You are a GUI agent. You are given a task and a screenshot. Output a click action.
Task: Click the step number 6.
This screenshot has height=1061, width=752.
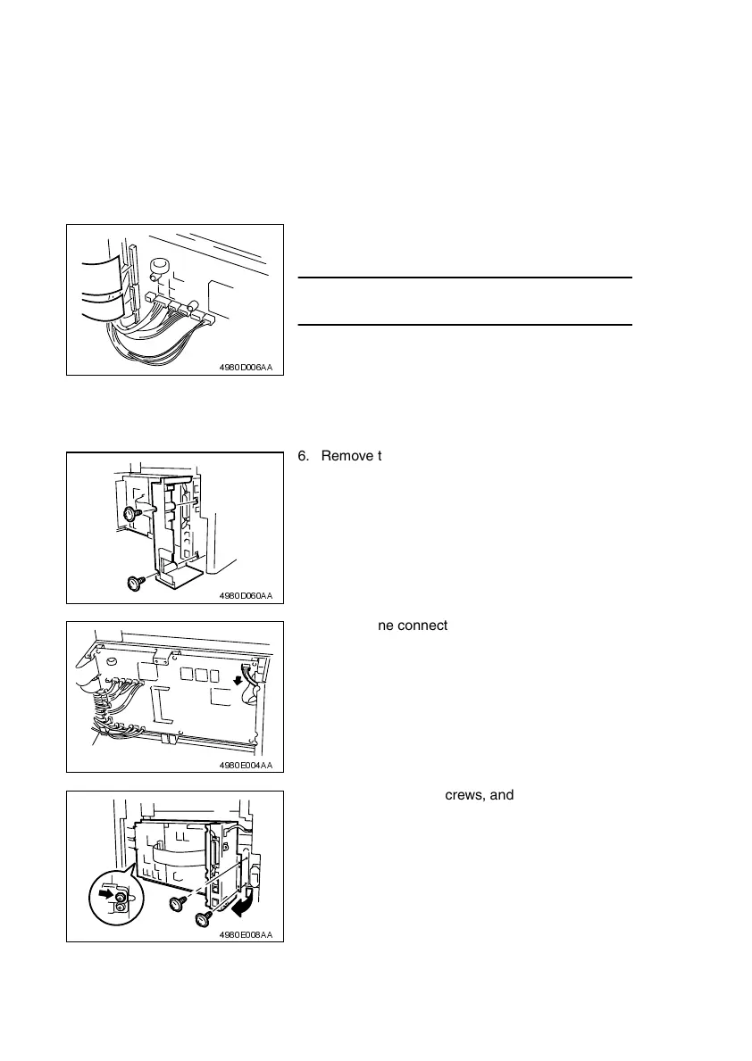coord(301,456)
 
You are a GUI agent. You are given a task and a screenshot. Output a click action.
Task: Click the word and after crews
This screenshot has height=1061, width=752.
coord(501,794)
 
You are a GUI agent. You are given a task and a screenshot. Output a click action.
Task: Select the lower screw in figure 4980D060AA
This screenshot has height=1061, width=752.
coord(136,583)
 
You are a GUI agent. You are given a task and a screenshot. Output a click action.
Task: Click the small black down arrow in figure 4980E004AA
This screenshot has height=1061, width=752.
coord(236,680)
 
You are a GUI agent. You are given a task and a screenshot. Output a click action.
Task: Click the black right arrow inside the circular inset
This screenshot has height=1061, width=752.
coord(104,891)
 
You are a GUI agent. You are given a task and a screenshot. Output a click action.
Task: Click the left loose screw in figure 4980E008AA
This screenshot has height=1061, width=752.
coord(175,906)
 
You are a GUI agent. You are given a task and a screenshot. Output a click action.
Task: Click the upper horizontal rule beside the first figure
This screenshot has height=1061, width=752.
coord(464,278)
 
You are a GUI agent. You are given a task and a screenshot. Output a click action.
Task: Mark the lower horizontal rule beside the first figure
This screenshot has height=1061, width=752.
coord(464,325)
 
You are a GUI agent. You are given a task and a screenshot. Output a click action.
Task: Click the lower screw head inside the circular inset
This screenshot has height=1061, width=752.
coord(120,907)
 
